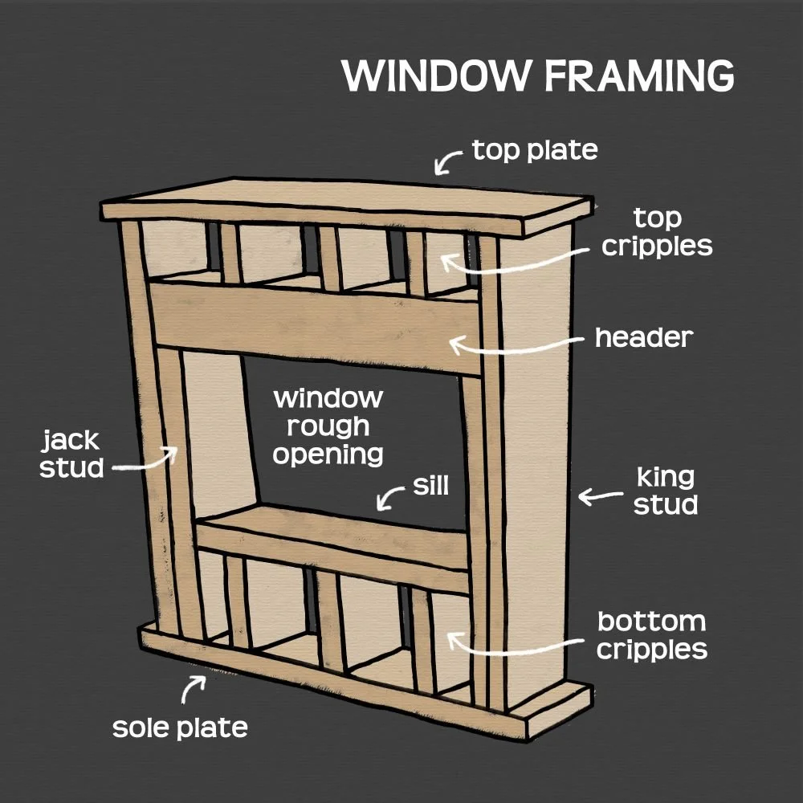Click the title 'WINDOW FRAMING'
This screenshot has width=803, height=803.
[x=537, y=75]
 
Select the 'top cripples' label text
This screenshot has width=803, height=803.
[x=657, y=231]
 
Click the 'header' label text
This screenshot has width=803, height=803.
[x=643, y=337]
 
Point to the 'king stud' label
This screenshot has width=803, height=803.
[x=666, y=491]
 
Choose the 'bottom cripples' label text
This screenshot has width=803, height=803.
[x=651, y=634]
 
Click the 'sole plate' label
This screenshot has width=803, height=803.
[x=180, y=728]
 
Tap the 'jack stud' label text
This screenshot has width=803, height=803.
[x=71, y=454]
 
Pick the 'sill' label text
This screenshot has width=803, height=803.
[x=430, y=485]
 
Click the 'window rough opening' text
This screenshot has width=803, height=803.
[x=328, y=426]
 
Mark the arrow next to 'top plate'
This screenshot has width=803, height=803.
[x=448, y=160]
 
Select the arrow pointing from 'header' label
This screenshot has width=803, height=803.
[x=514, y=345]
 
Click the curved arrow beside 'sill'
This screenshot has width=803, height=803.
[x=393, y=498]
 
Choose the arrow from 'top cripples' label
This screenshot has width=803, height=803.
[x=514, y=261]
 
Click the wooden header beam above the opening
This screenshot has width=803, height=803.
[x=313, y=325]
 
